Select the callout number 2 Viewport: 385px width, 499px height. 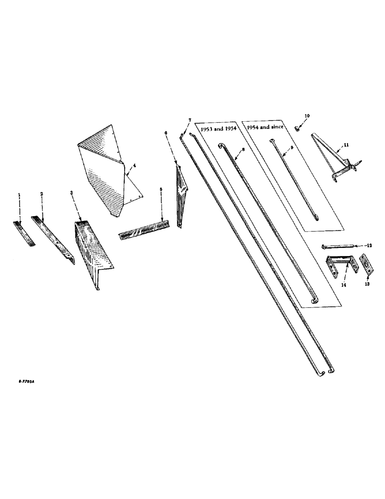click(42, 193)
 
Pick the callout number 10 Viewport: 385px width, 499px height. click(307, 116)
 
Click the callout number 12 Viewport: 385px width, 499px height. click(370, 246)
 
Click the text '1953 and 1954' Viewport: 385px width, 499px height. click(218, 129)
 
